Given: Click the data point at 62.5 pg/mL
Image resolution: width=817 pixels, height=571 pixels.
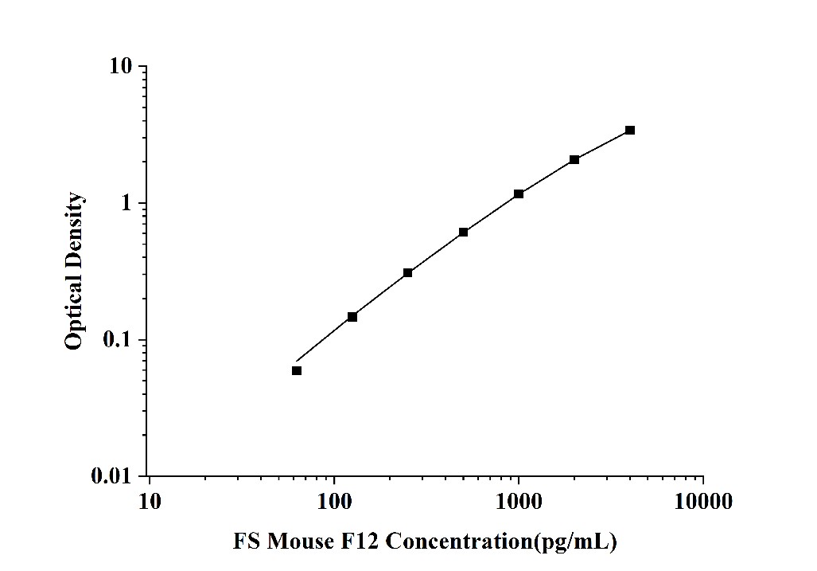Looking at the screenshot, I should coord(297,370).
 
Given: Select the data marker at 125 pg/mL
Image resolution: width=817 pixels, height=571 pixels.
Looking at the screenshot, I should coord(352,317).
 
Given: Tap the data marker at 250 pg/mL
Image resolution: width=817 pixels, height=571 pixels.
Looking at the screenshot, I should coord(408,272).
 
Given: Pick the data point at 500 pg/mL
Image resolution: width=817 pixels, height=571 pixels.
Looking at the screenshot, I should coord(464,232).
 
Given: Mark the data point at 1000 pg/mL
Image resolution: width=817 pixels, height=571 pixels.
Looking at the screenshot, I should coord(519,194).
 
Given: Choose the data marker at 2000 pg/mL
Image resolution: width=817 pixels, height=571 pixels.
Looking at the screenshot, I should coord(574,159).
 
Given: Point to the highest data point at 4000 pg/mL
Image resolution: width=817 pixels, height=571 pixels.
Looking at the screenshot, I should coord(630,130).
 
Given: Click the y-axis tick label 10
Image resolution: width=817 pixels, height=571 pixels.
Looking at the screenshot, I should coord(121,66).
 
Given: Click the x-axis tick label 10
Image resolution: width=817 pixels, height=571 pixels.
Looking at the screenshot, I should coord(149,502).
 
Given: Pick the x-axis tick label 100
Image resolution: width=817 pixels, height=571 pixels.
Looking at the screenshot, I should coord(334,502).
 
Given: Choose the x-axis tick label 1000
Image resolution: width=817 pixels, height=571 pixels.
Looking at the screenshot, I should coord(519,502).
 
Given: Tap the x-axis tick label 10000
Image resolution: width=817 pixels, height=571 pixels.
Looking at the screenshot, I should coord(703,502).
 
